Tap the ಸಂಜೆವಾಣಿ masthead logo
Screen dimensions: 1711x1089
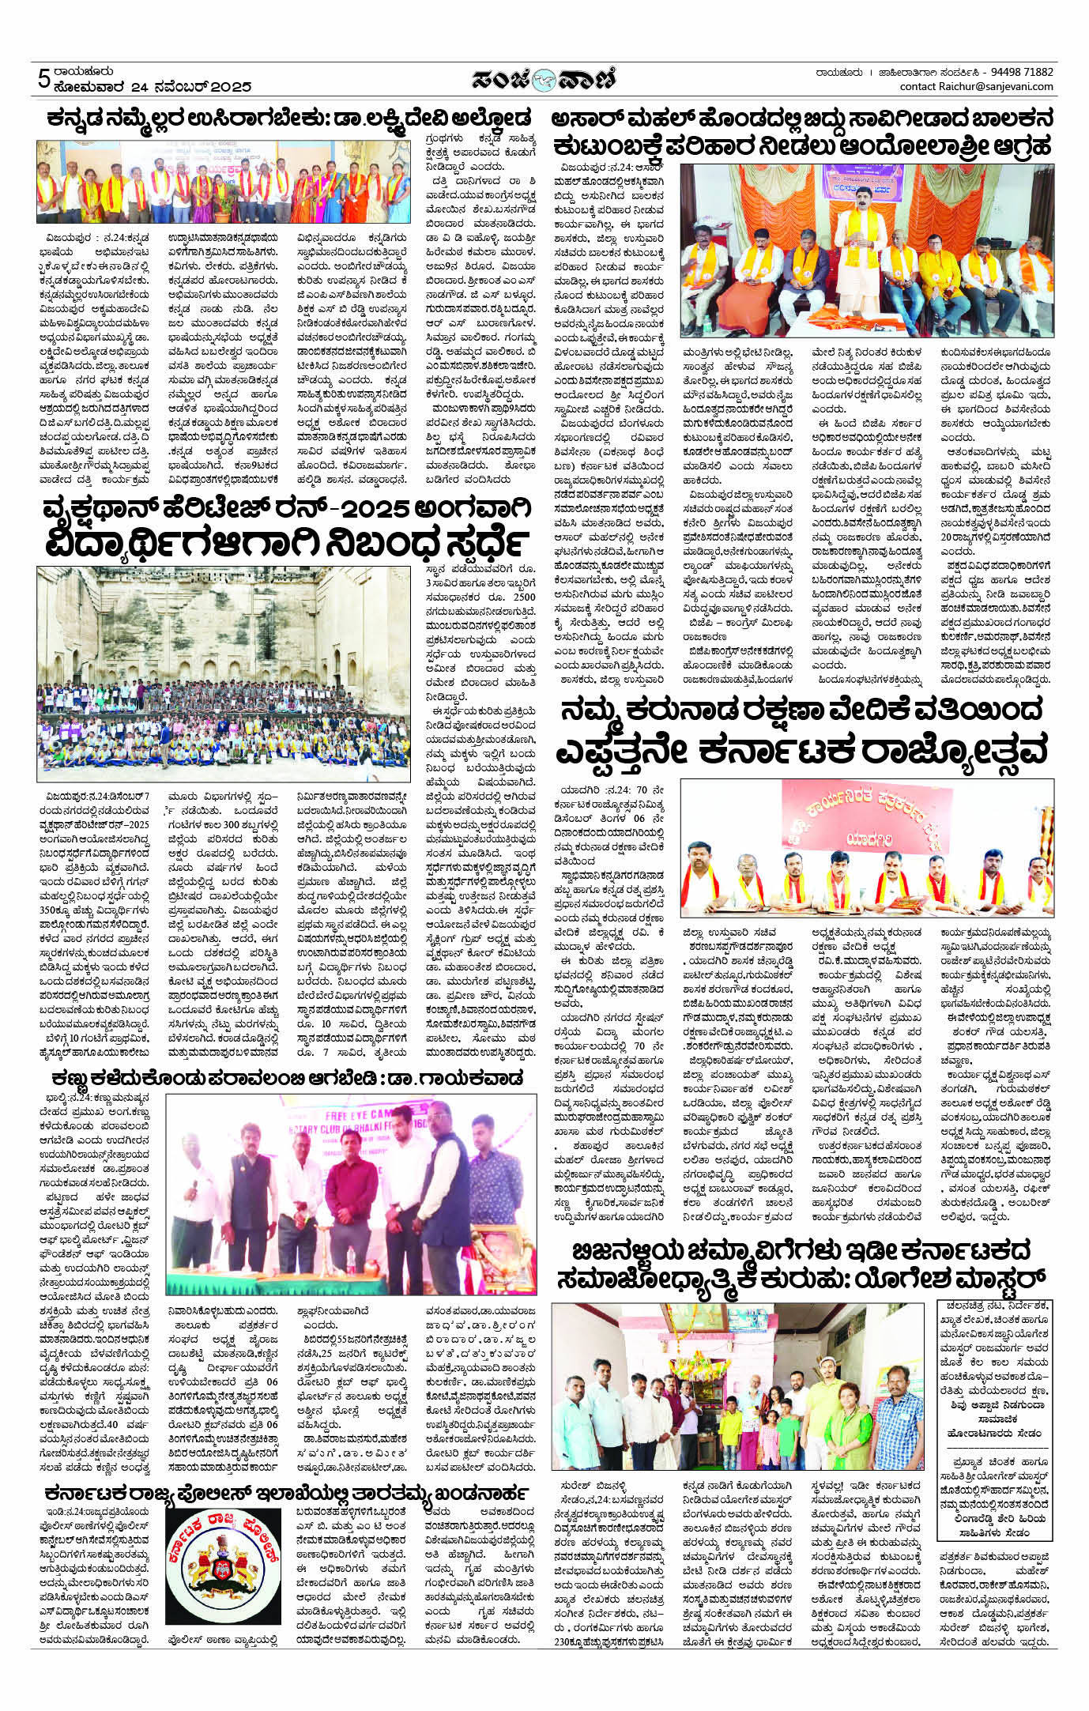click(544, 79)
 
